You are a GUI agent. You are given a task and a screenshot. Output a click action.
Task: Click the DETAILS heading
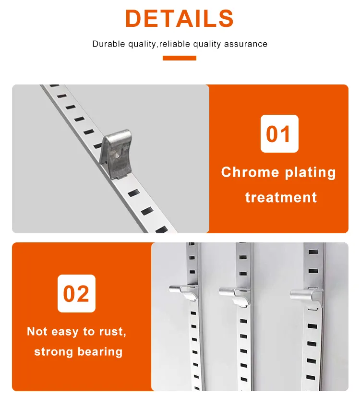(x=180, y=18)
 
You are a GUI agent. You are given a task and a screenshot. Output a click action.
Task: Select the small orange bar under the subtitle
(x=180, y=58)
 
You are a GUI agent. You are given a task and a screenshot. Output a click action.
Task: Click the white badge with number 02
(x=76, y=293)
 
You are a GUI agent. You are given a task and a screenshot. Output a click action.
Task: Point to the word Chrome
(x=250, y=173)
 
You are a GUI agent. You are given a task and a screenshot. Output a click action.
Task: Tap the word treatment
(x=281, y=197)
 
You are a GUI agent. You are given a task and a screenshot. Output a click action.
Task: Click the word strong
(x=53, y=352)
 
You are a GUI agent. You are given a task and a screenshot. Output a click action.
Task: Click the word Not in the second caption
(x=37, y=331)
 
